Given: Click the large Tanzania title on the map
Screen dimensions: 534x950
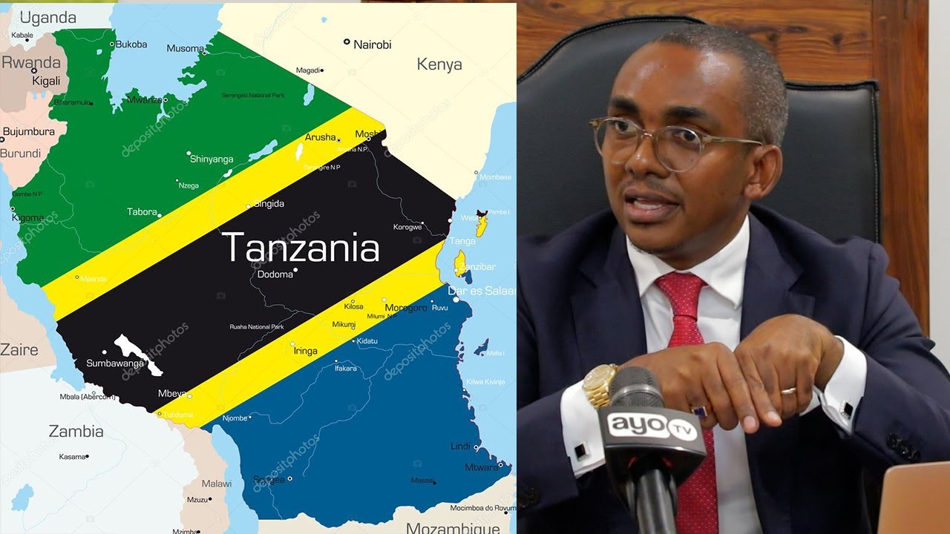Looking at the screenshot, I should point(301,248).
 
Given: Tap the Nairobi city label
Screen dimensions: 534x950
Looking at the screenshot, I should point(372,44).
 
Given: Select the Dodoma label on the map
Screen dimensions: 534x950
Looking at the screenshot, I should point(275,274).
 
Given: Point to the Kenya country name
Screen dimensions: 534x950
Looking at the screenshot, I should point(439,65).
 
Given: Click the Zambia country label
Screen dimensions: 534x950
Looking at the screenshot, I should point(76,431).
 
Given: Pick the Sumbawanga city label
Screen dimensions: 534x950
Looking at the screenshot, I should point(117,363).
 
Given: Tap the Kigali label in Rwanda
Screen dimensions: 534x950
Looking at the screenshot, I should point(45,81).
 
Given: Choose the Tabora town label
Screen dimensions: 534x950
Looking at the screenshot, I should point(142,212).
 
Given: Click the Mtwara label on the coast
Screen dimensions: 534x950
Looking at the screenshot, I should point(481,467).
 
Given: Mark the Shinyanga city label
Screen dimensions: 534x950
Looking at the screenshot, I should point(212,159).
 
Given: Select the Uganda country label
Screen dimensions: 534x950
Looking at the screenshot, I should point(47,18).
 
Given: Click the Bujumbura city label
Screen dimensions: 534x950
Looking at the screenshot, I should point(29,132).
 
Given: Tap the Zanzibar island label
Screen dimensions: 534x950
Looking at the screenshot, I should point(476,267).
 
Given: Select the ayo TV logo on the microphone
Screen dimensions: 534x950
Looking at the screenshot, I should point(652,426).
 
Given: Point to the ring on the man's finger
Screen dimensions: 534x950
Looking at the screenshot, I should point(787,390).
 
